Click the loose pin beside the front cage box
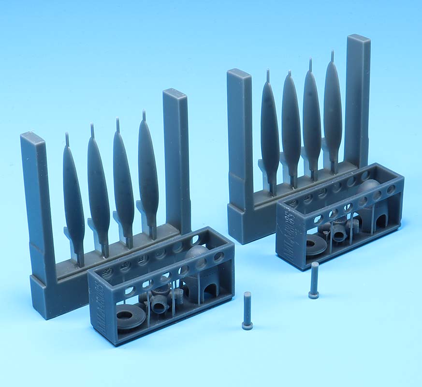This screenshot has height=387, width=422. pos(247,311)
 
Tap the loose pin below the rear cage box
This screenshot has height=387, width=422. pos(314,281)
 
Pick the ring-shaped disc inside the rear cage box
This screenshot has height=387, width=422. pos(315,245)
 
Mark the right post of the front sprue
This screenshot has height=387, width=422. pos(176,155)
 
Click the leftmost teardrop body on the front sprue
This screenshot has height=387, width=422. pos(73,193)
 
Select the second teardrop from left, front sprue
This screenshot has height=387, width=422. pos(99,186)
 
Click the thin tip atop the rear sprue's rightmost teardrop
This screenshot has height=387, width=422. pos(332,56)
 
